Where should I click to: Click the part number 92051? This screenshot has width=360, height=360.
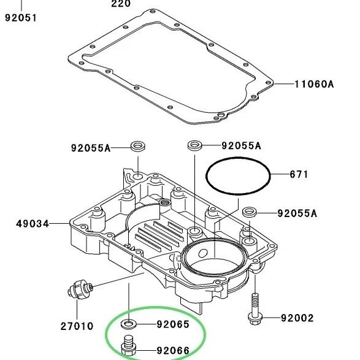[x=21, y=18]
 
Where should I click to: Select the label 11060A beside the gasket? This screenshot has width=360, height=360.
[x=314, y=84]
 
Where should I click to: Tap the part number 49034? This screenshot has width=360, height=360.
[x=33, y=224]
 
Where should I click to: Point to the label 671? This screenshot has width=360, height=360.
[x=299, y=174]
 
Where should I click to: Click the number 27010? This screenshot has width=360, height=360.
[x=77, y=326]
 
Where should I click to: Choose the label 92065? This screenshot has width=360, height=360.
[x=173, y=324]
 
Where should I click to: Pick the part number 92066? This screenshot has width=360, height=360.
[x=173, y=350]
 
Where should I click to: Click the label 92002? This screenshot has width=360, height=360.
[x=297, y=318]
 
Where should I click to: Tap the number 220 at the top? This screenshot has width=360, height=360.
[x=121, y=4]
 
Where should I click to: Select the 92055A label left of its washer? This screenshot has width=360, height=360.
[x=91, y=148]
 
